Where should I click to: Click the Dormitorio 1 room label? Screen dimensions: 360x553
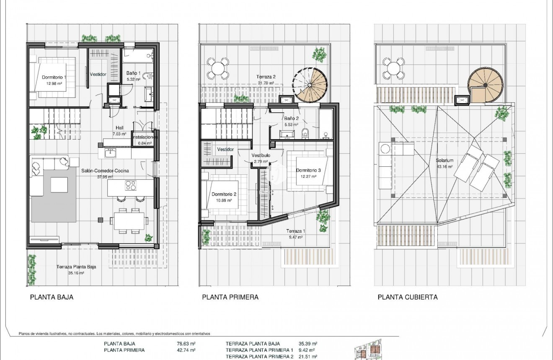(54, 77)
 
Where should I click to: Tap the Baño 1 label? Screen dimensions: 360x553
(133, 73)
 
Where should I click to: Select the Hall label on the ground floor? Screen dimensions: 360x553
(119, 128)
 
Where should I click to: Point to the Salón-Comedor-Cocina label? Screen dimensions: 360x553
(105, 171)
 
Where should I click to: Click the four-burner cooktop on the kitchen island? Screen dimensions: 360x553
(131, 185)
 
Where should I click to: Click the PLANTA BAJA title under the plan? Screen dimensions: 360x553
(52, 297)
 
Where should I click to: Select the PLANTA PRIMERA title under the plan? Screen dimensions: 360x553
(230, 297)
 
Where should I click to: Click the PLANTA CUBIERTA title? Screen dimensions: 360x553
(407, 297)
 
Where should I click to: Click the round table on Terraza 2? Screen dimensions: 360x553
(218, 68)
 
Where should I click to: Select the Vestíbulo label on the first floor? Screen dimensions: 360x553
(261, 155)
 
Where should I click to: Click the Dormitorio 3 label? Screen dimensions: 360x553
(308, 170)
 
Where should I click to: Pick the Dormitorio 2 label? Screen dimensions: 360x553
(224, 194)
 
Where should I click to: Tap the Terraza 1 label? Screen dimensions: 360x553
(296, 231)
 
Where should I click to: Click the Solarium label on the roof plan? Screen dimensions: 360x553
(444, 161)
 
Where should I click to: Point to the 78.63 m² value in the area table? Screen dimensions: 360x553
(187, 344)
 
